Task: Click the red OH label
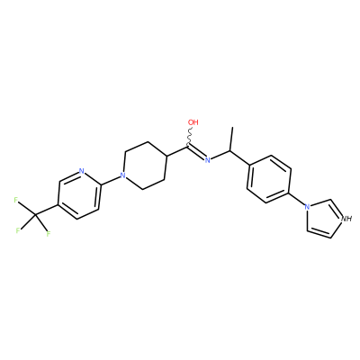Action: [193, 122]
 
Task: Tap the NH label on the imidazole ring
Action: [346, 219]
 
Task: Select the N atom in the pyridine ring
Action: [81, 171]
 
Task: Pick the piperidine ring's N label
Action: [122, 175]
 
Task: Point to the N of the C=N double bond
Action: [207, 160]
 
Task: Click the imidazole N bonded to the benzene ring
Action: [307, 206]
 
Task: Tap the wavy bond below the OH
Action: [190, 136]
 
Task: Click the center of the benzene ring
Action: [269, 179]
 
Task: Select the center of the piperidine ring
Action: [145, 165]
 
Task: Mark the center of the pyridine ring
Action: [79, 195]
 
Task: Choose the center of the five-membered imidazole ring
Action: [323, 218]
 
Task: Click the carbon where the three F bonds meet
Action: [35, 215]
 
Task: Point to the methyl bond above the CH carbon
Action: [231, 139]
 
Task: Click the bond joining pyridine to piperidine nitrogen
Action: [111, 179]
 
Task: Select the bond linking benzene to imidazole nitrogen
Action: [297, 199]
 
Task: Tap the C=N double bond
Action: [196, 152]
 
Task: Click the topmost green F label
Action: [16, 200]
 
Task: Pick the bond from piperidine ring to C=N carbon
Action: [177, 150]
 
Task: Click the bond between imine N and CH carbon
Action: [220, 155]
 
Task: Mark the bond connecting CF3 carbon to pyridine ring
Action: [47, 211]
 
